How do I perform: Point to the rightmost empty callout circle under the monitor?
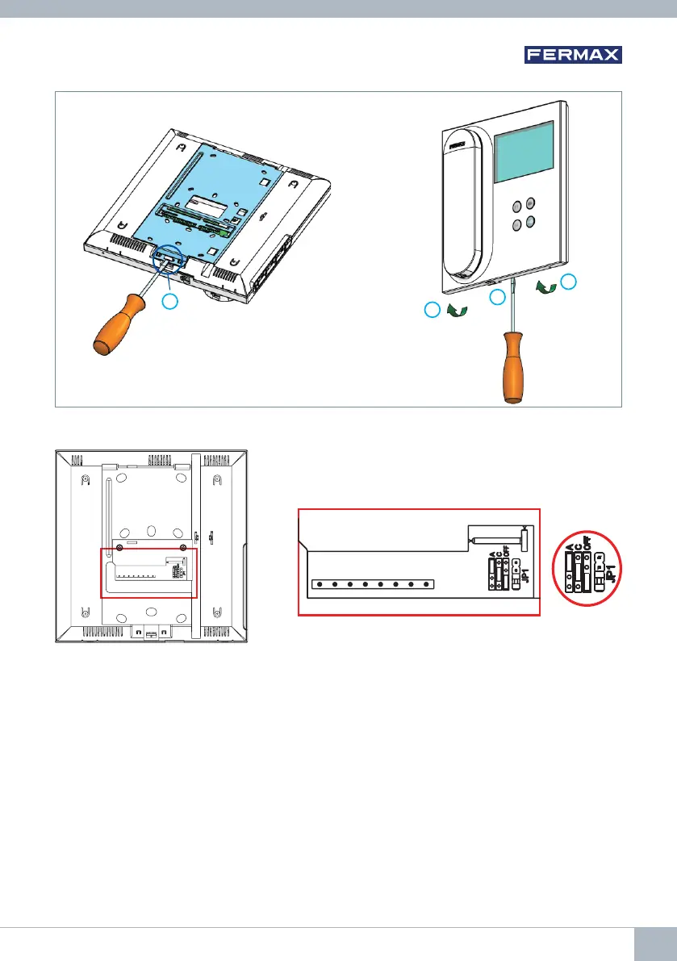(x=570, y=282)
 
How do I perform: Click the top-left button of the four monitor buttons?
(x=516, y=206)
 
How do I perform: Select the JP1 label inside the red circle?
(x=611, y=574)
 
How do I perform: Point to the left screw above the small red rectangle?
(x=120, y=549)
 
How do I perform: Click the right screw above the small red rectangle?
(x=183, y=549)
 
